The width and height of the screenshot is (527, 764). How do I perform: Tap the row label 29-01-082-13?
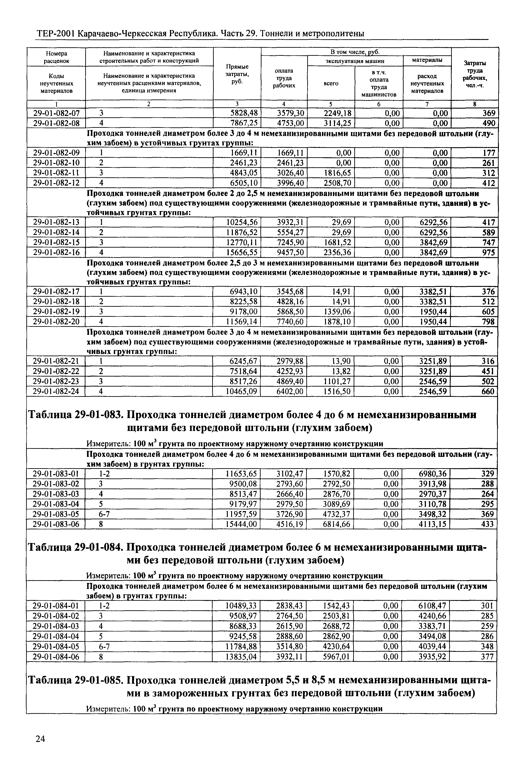click(56, 222)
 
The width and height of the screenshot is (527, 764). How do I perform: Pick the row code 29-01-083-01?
click(56, 474)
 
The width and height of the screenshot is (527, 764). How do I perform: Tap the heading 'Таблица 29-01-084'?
click(76, 548)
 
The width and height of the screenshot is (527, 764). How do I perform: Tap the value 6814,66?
click(336, 524)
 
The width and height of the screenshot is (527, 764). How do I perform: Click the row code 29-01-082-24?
click(56, 391)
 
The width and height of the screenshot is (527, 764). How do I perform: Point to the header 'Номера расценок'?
click(56, 57)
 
